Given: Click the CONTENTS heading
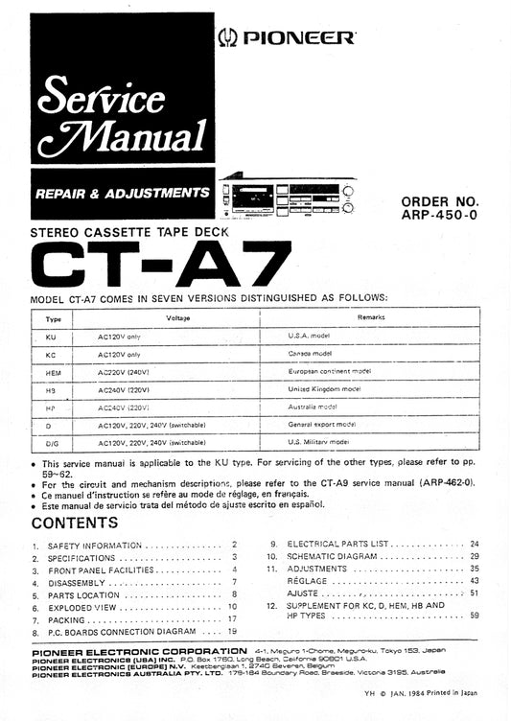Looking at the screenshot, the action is pos(75,523).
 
